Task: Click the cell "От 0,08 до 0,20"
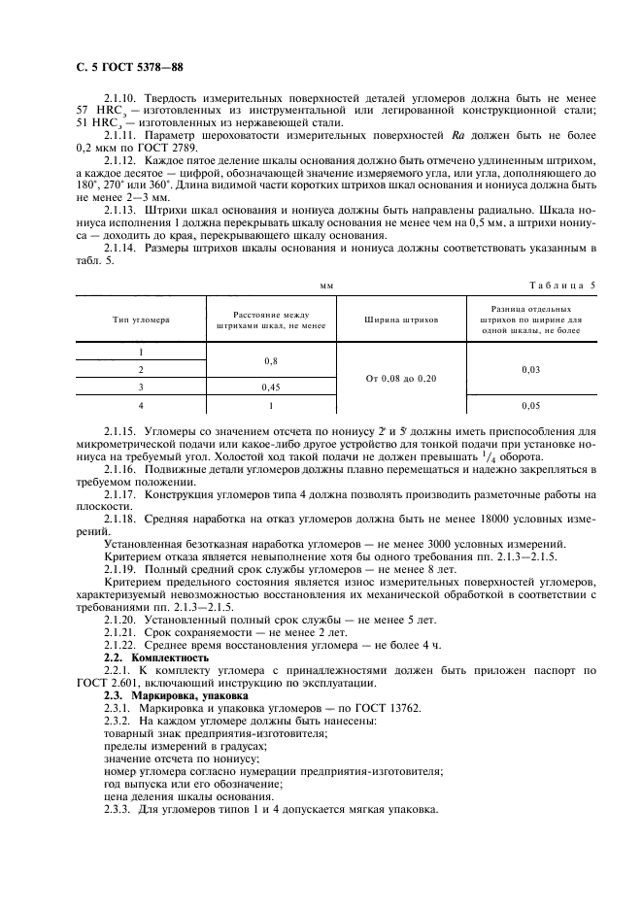tap(401, 378)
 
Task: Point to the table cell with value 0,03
tap(530, 369)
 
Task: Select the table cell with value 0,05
tap(530, 405)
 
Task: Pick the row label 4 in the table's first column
tap(141, 405)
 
